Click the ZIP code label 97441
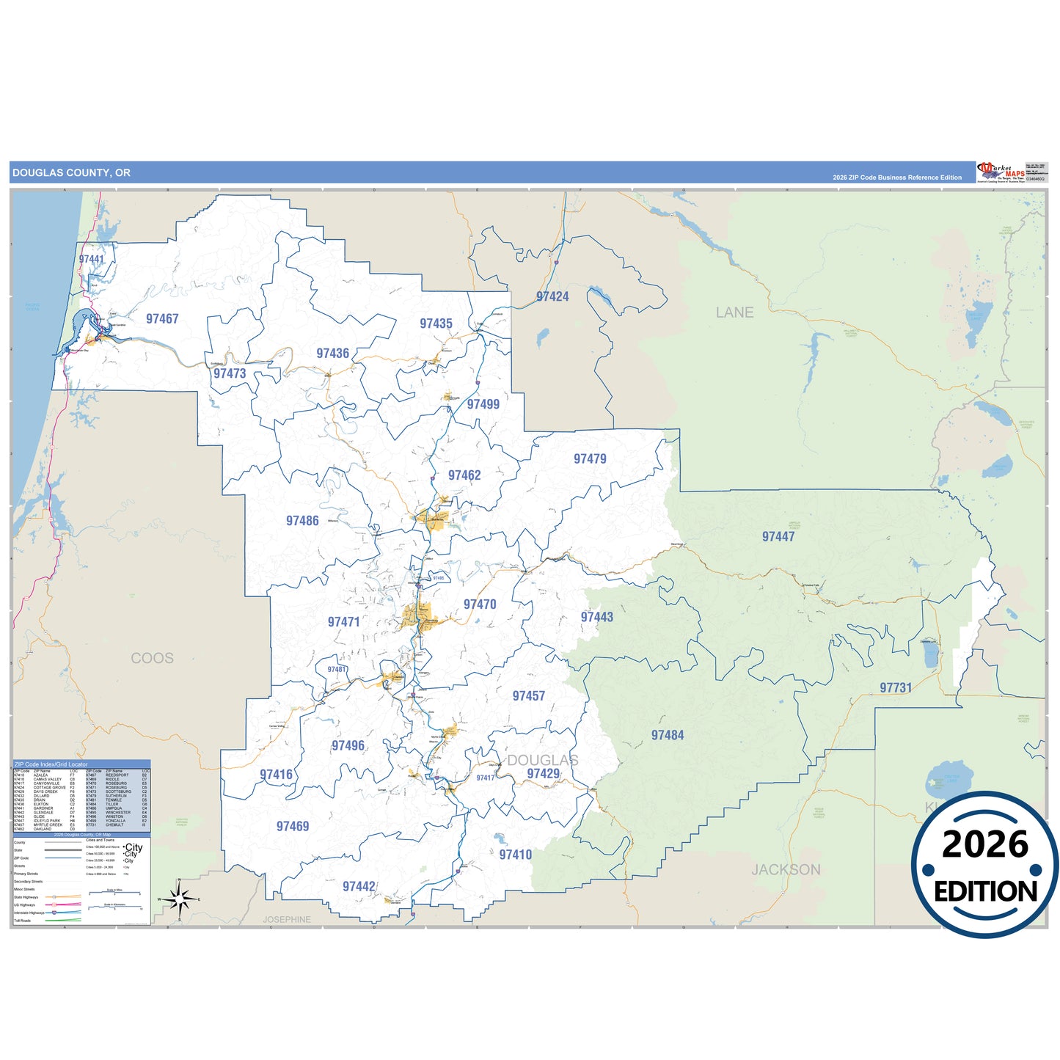pos(92,259)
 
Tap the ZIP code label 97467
pos(162,318)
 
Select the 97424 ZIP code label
pos(552,296)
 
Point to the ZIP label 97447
pos(778,536)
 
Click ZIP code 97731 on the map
pos(896,687)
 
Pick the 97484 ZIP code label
pos(668,735)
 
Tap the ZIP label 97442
pos(359,886)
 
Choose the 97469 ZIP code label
pos(293,826)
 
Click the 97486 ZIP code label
pos(302,521)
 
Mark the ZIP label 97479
pos(590,458)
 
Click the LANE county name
pos(734,312)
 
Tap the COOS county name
pos(153,658)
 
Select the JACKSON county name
pos(786,869)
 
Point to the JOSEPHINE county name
pos(287,919)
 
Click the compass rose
pos(179,899)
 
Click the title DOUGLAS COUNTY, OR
pos(71,173)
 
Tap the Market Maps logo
pos(1001,172)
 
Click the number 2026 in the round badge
pos(985,844)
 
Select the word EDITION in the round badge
pos(985,891)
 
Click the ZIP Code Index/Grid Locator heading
pos(51,764)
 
